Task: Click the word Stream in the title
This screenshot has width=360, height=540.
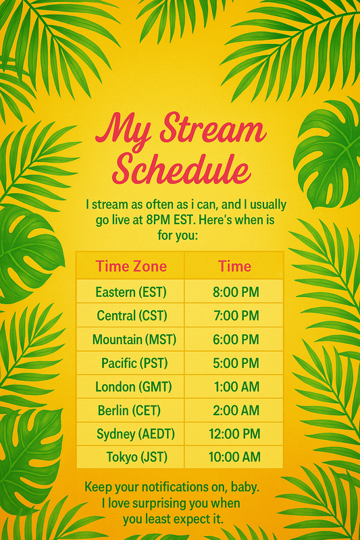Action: pyautogui.click(x=213, y=130)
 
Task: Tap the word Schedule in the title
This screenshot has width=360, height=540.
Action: pyautogui.click(x=181, y=169)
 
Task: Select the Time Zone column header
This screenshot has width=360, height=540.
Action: pyautogui.click(x=131, y=266)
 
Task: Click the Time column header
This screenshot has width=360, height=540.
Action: pyautogui.click(x=234, y=266)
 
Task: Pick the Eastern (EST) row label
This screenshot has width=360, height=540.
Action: pyautogui.click(x=131, y=292)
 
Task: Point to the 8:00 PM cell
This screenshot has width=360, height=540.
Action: pyautogui.click(x=236, y=292)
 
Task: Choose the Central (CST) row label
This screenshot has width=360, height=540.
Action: pyautogui.click(x=132, y=315)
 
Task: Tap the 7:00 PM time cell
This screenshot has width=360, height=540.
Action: pyautogui.click(x=236, y=315)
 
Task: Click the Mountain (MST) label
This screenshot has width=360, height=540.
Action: pyautogui.click(x=134, y=340)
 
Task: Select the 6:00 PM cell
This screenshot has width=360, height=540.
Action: pyautogui.click(x=236, y=340)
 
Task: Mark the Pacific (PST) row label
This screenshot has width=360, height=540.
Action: pyautogui.click(x=134, y=363)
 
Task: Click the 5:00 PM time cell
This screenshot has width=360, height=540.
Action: pyautogui.click(x=236, y=363)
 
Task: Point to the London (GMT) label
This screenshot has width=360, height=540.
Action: pyautogui.click(x=134, y=387)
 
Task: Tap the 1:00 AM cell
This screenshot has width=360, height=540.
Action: pyautogui.click(x=236, y=387)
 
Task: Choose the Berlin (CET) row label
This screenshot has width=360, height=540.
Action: pyautogui.click(x=129, y=410)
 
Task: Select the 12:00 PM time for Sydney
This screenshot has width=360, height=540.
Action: pyautogui.click(x=234, y=433)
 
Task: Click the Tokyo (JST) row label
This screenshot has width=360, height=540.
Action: pyautogui.click(x=136, y=457)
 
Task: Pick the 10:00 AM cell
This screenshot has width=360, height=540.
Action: pyautogui.click(x=234, y=457)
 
